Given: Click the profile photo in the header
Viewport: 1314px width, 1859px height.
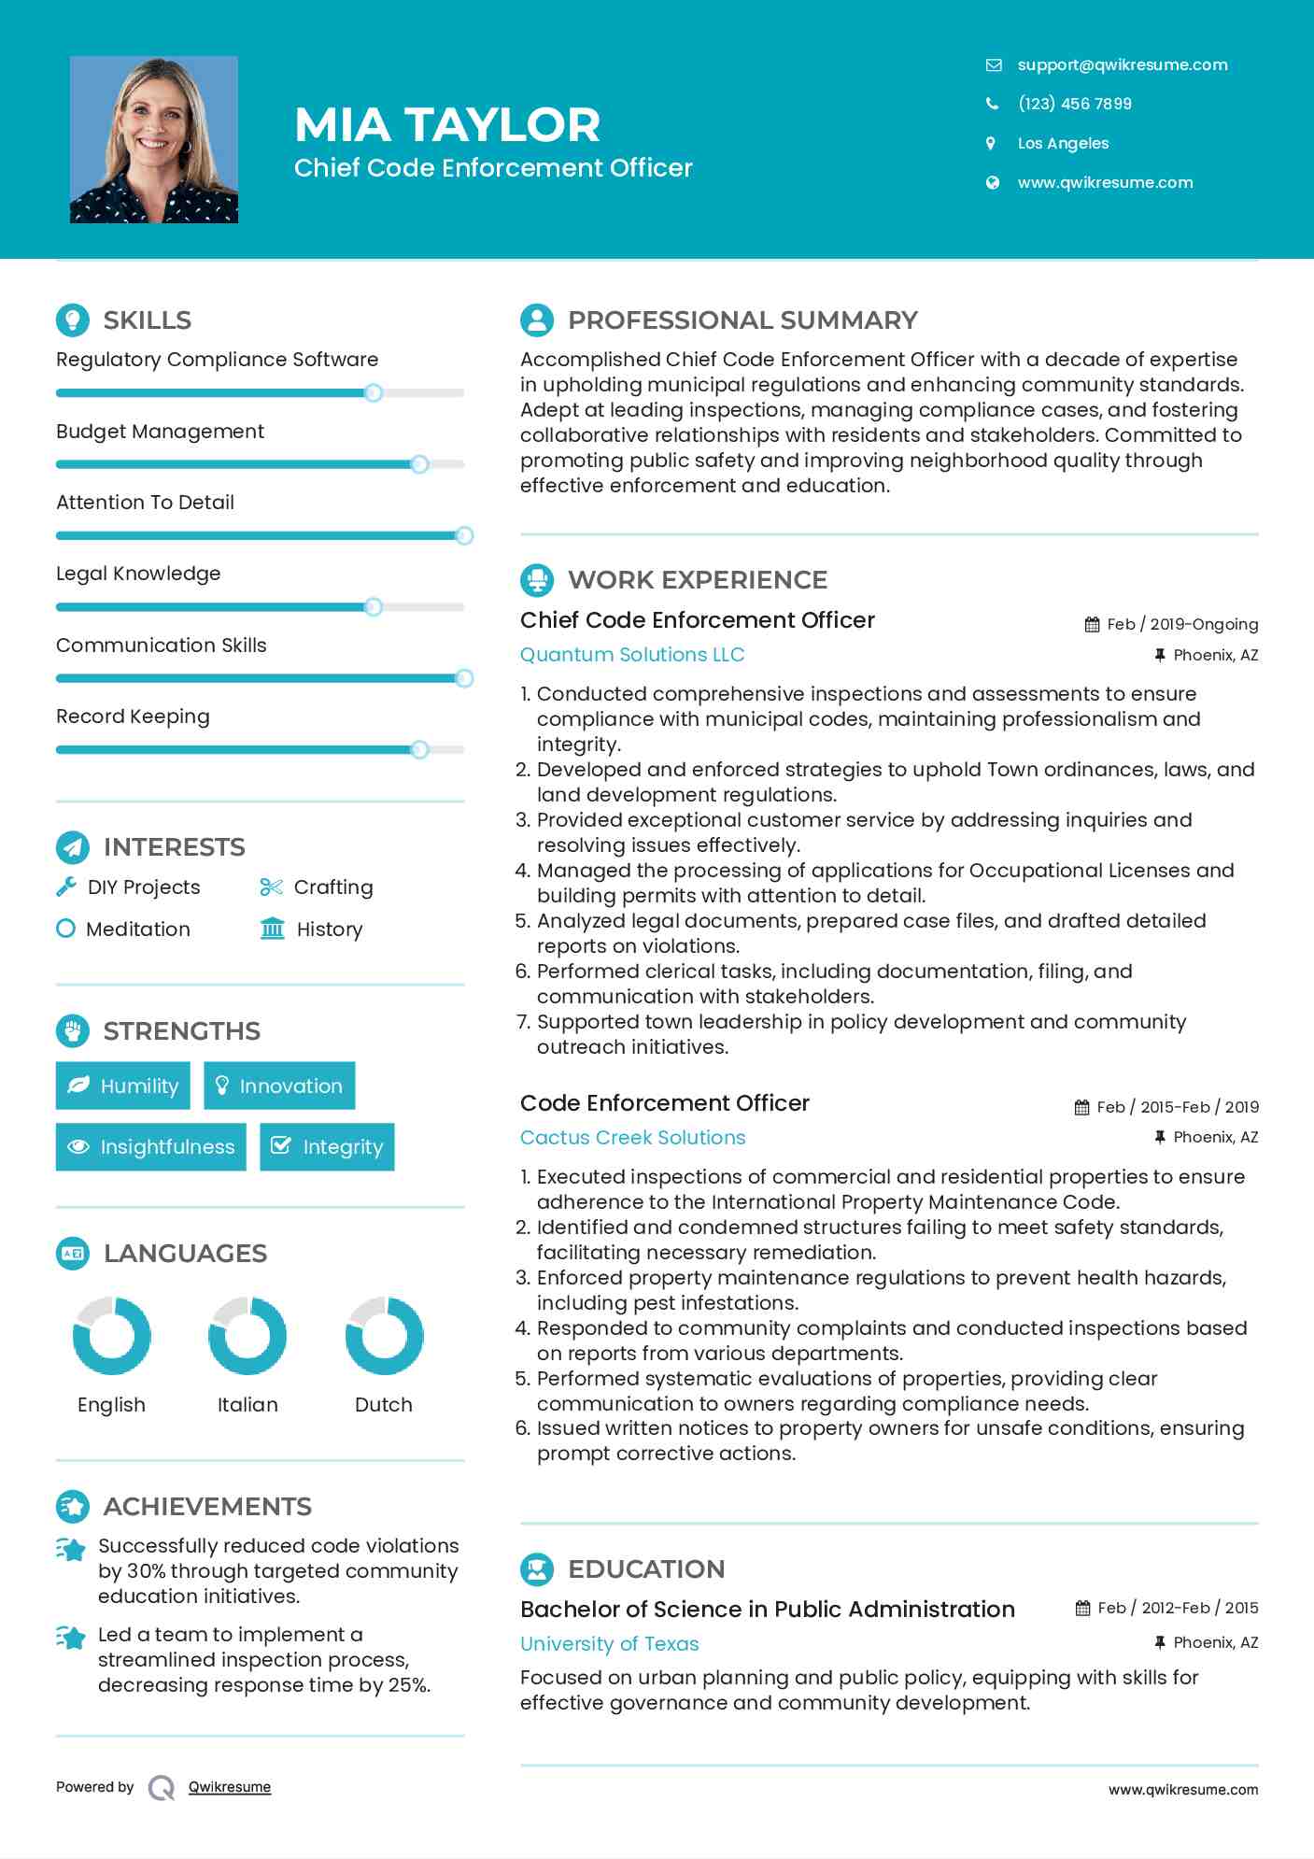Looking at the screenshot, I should (154, 139).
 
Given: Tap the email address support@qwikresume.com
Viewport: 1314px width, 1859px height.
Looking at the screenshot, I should (1122, 64).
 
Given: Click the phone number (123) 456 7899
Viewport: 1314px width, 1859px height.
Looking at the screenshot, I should (1074, 104).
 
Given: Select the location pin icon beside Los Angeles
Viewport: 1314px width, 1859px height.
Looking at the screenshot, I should (991, 143).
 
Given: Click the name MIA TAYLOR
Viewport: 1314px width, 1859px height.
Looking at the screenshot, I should (446, 124).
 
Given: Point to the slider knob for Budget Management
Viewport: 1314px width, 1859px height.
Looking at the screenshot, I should (419, 464).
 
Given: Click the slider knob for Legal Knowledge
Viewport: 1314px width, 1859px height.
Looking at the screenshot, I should (374, 607).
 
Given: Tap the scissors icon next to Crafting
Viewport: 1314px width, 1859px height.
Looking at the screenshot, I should (271, 887).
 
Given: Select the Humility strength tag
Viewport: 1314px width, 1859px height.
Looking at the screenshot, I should (123, 1086).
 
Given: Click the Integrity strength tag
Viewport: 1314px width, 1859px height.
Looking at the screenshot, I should (327, 1146).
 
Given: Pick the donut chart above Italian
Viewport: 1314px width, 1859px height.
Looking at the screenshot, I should (247, 1335).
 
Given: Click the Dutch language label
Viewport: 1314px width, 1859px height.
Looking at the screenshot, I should (383, 1404).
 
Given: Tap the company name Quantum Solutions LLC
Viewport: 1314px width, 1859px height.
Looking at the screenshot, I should (632, 654).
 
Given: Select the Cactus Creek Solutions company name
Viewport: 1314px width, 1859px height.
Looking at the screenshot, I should (632, 1137).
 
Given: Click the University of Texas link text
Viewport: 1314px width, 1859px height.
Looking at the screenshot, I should (609, 1643).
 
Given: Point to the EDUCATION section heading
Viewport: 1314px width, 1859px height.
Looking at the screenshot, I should (646, 1568).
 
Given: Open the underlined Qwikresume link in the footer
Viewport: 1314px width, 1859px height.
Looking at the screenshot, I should (229, 1787).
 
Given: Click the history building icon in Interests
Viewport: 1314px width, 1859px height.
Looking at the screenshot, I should (273, 929).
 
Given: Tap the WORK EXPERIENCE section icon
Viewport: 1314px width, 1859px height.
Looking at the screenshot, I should (537, 579).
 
